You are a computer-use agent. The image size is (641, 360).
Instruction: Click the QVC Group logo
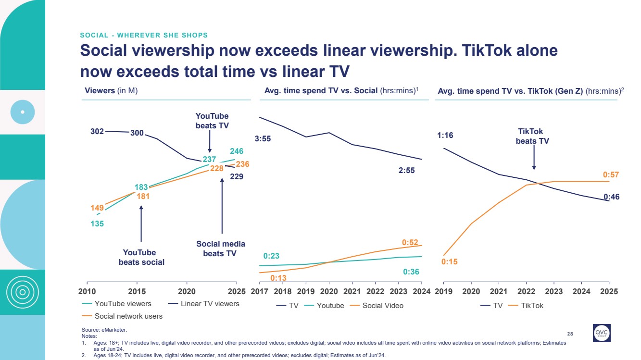(601, 333)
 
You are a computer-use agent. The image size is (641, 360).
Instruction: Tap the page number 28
(570, 334)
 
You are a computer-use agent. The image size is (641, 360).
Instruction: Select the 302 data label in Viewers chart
(97, 131)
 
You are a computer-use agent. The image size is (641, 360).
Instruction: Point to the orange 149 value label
(97, 208)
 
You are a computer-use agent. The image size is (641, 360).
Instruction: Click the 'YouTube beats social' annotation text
(141, 257)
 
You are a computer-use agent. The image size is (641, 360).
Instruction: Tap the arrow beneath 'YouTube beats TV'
(210, 142)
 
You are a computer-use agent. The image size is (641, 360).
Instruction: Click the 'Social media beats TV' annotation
(221, 248)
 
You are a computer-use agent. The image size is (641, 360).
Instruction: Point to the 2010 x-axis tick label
(87, 292)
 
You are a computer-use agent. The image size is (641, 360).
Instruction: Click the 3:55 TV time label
(263, 139)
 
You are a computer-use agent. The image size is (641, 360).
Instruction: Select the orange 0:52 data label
(410, 243)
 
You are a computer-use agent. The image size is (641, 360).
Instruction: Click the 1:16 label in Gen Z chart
(445, 136)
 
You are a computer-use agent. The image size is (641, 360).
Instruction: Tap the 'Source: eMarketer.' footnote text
(104, 330)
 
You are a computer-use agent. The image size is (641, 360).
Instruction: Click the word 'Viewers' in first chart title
(100, 90)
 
